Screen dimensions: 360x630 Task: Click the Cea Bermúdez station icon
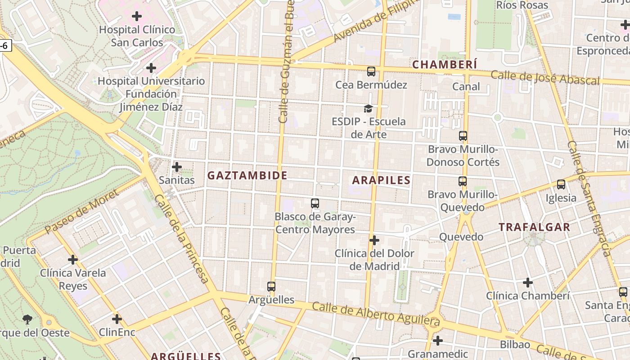click(x=371, y=71)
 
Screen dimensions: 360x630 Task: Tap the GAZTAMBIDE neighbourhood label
click(x=247, y=175)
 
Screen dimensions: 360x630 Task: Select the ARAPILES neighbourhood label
click(x=381, y=180)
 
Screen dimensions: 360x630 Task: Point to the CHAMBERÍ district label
click(x=445, y=64)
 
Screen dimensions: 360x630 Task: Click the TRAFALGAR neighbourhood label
click(x=534, y=227)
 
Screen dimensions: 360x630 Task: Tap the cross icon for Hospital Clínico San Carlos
click(x=137, y=17)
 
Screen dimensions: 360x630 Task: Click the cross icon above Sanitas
click(x=177, y=167)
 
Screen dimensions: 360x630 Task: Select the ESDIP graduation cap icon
click(x=369, y=108)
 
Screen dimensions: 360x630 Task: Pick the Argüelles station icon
click(x=271, y=286)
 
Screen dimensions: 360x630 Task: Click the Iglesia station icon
click(x=561, y=184)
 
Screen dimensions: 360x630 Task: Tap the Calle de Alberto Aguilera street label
click(x=376, y=314)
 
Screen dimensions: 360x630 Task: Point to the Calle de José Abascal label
click(x=545, y=77)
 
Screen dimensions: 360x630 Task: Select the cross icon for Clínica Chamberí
click(x=528, y=283)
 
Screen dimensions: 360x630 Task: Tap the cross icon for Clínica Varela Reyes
click(x=73, y=260)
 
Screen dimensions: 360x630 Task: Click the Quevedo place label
click(x=461, y=237)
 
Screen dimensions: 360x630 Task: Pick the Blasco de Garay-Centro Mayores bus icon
click(x=315, y=203)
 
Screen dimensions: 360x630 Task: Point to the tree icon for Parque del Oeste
click(x=27, y=319)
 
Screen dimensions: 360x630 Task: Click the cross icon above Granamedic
click(x=437, y=341)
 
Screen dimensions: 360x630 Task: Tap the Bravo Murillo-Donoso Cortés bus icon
click(x=463, y=135)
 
